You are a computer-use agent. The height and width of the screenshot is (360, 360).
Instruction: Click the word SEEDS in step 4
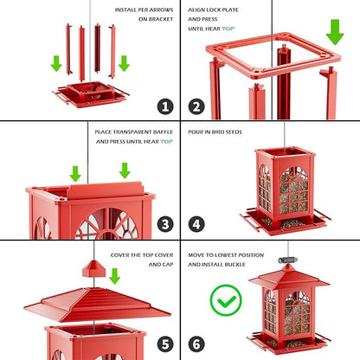point(236,132)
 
